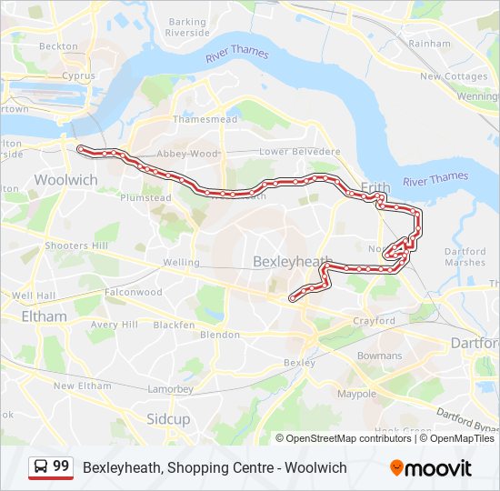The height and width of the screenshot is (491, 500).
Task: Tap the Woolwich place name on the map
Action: [x=65, y=180]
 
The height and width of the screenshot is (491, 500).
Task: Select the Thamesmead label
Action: [x=205, y=119]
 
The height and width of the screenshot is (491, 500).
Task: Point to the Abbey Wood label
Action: [x=188, y=154]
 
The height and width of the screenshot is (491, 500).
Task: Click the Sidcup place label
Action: [x=168, y=419]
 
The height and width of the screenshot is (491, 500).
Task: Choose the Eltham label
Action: [x=44, y=316]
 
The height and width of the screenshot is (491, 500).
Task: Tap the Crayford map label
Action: [x=374, y=321]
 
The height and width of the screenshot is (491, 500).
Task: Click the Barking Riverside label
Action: [x=187, y=27]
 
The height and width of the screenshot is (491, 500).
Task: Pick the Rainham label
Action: [x=429, y=43]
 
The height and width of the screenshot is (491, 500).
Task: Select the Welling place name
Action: [x=180, y=263]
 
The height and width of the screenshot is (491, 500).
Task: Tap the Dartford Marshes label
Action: [x=465, y=256]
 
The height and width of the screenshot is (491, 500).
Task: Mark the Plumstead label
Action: [x=145, y=197]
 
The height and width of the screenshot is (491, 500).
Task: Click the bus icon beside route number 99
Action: [x=41, y=467]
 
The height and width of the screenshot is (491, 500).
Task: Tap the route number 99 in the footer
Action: [x=61, y=466]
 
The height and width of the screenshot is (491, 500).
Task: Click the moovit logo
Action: [x=431, y=468]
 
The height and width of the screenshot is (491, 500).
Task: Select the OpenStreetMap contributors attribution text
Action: [x=349, y=438]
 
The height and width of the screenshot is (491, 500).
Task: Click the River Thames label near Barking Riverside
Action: [x=236, y=52]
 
